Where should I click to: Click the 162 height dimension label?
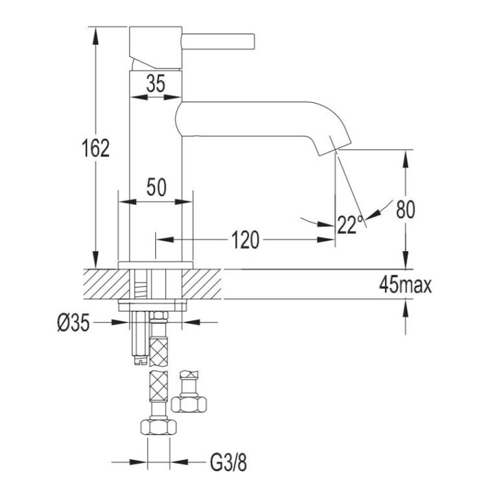(x=96, y=148)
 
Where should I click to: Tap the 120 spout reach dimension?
(x=246, y=239)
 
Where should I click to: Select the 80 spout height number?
(x=405, y=209)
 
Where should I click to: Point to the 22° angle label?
(x=350, y=224)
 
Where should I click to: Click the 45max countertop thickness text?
(x=405, y=285)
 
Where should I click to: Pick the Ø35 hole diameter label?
(x=73, y=323)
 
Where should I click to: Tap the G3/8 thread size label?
(x=228, y=462)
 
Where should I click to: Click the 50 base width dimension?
(x=156, y=187)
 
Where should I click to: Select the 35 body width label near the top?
(x=156, y=84)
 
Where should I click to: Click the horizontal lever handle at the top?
(x=218, y=42)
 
